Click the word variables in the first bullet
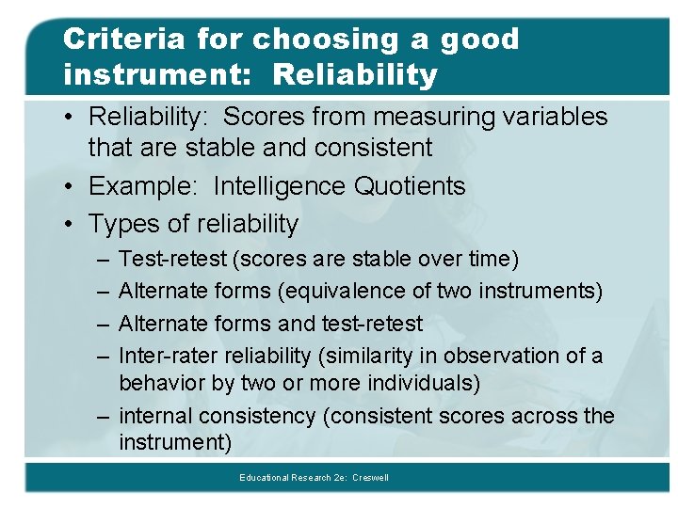click(x=557, y=117)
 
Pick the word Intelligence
click(x=280, y=186)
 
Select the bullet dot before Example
click(x=71, y=187)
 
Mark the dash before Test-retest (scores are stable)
click(x=100, y=259)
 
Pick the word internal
click(x=158, y=416)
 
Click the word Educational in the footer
click(x=266, y=478)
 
